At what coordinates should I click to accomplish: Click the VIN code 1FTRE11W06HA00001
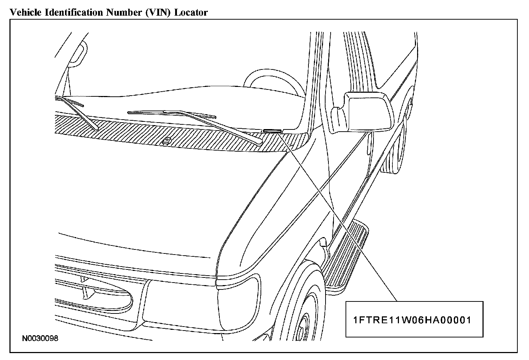pos(412,320)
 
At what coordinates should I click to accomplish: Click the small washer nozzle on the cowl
pos(167,140)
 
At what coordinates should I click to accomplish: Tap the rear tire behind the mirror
pos(396,153)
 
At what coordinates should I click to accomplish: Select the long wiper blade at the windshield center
pos(171,113)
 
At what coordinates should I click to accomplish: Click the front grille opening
pos(94,291)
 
